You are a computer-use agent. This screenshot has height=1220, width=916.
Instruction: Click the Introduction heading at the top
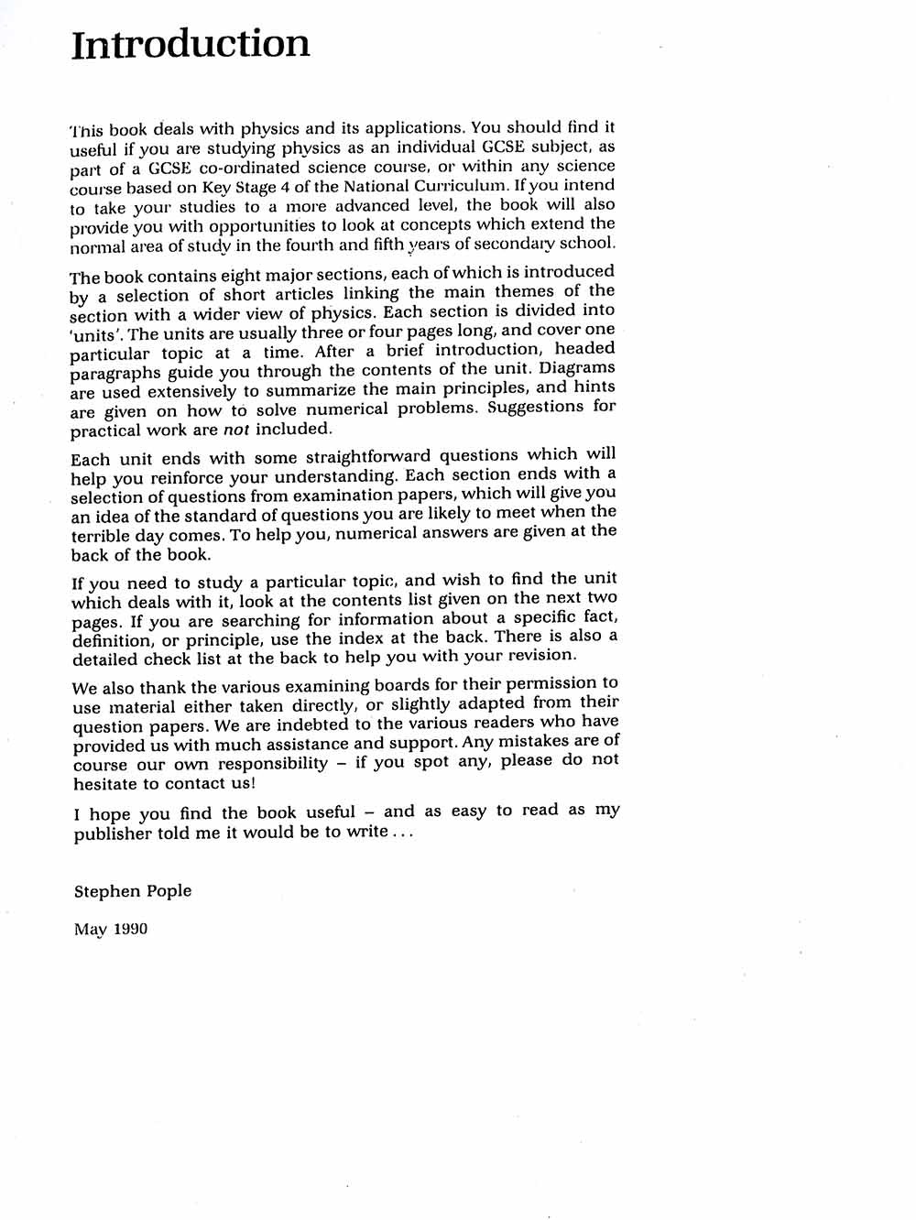click(191, 44)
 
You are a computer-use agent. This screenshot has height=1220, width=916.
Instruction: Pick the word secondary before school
click(518, 244)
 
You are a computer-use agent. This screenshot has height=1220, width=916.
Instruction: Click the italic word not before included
click(236, 429)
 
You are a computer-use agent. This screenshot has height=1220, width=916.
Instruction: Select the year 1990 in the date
click(130, 929)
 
